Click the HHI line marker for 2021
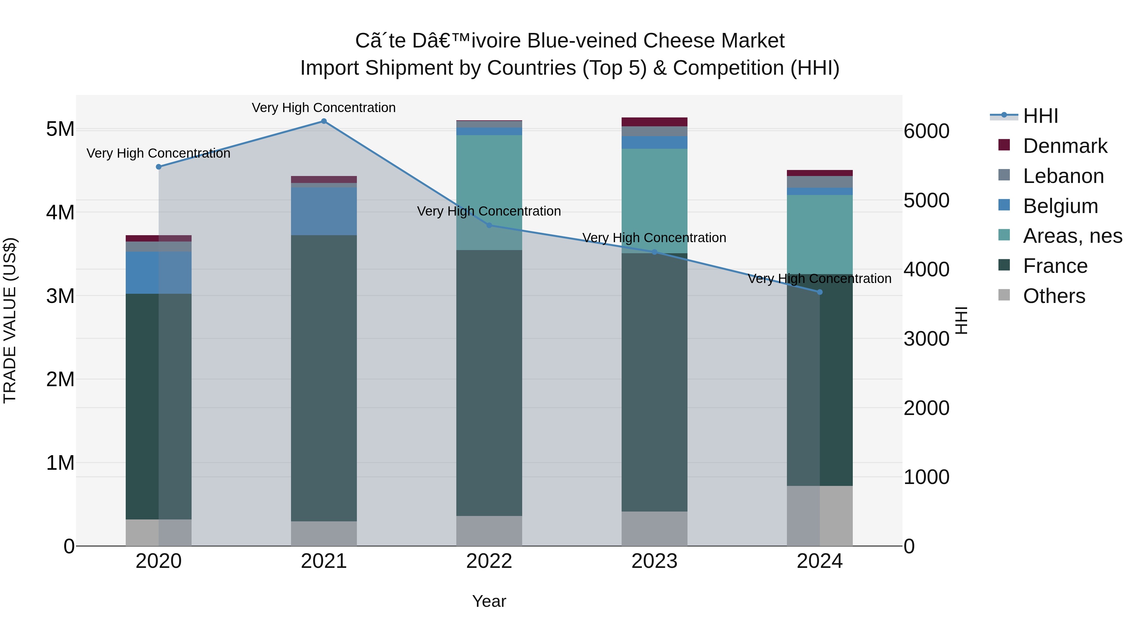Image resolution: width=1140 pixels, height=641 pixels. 324,121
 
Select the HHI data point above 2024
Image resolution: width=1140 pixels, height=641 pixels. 820,292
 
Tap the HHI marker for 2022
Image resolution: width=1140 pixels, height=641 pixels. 489,225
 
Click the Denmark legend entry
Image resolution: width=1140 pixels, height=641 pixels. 1065,146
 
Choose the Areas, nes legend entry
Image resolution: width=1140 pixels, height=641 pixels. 1072,236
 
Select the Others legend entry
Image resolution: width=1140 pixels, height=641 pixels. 1054,296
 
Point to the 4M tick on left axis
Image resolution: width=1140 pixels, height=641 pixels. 60,212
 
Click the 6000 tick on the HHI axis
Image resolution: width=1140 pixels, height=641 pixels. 926,131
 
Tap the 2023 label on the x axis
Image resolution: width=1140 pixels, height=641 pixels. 654,561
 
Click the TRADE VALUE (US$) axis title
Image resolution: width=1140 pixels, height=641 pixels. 10,320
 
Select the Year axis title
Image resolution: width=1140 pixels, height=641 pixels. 489,601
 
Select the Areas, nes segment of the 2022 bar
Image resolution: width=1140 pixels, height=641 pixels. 489,192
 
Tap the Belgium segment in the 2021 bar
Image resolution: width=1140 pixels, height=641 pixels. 324,211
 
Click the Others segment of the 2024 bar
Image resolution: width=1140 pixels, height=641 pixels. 820,516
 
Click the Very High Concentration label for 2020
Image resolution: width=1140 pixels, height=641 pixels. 158,154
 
